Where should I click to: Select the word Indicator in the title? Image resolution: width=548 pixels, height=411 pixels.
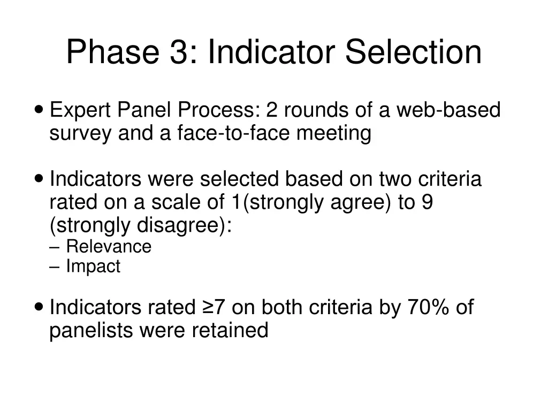click(x=272, y=52)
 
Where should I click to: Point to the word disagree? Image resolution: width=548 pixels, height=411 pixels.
click(x=181, y=225)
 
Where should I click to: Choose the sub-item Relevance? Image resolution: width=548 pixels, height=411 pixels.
click(x=109, y=247)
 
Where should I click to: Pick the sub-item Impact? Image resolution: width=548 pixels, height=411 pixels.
click(x=93, y=267)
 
